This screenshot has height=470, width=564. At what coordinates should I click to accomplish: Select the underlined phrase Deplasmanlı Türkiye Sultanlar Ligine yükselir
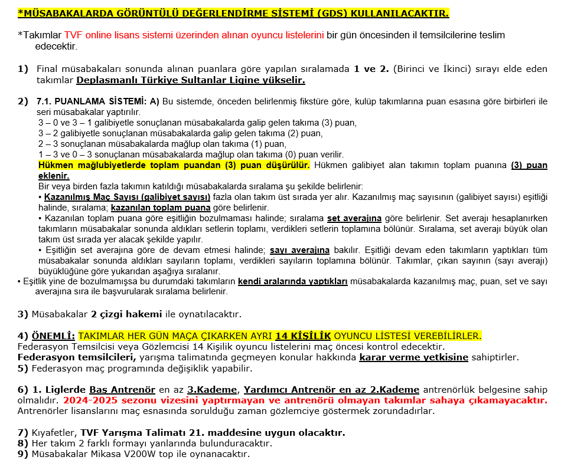pos(191,80)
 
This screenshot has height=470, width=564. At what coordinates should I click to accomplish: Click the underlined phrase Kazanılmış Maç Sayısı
pos(127,197)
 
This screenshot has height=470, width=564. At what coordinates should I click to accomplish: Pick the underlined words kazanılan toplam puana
pos(160,208)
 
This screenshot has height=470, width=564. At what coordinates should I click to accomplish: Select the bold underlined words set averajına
pos(354,218)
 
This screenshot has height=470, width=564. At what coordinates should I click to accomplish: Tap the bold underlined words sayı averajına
pos(300,250)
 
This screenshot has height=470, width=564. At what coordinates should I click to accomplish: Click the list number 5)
pos(23,369)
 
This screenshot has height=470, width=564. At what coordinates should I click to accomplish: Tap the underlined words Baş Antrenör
pos(122,390)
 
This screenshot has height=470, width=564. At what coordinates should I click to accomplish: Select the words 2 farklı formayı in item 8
pos(115,443)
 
